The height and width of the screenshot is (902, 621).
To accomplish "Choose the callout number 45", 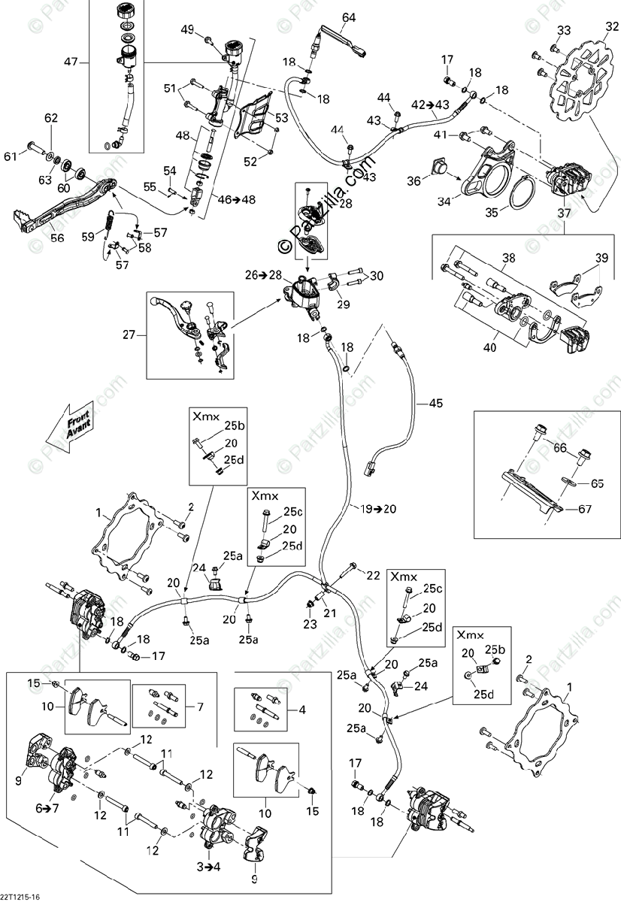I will [x=435, y=404].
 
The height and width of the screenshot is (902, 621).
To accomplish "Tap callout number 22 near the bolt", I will [x=373, y=575].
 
